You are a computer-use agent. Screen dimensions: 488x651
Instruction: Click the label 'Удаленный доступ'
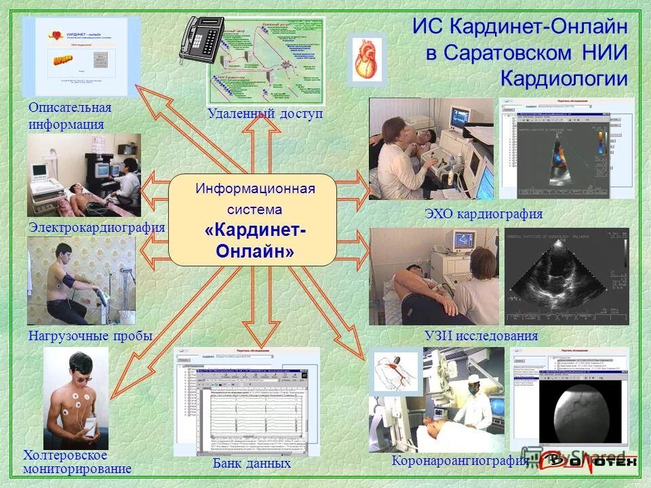[265, 114]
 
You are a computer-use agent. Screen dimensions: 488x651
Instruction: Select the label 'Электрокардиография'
[97, 228]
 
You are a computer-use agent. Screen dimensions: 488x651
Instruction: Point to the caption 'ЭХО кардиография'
[484, 215]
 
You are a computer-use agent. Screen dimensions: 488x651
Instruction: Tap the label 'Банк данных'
[252, 464]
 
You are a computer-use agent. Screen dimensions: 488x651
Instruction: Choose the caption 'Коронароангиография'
[460, 462]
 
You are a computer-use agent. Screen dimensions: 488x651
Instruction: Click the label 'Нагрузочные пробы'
[90, 335]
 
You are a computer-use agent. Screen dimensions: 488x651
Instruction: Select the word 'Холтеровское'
[66, 455]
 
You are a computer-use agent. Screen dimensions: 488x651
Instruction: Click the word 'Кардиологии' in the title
[564, 78]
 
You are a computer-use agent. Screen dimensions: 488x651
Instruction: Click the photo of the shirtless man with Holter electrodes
[75, 397]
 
